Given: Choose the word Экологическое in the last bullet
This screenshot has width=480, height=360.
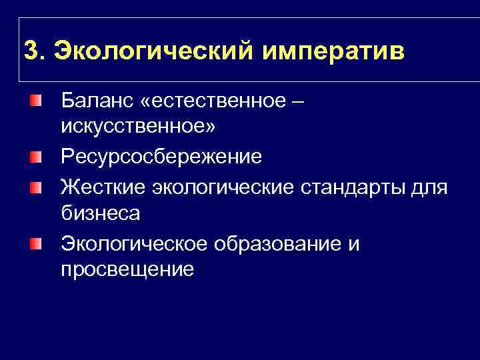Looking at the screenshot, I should [134, 244].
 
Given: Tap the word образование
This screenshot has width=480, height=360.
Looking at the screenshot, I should [278, 244].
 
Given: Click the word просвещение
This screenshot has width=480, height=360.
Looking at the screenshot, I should [127, 269].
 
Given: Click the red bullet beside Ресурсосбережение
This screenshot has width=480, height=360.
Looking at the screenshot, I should [34, 157].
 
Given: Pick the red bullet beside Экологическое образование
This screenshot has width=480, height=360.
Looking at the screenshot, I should [34, 243].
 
